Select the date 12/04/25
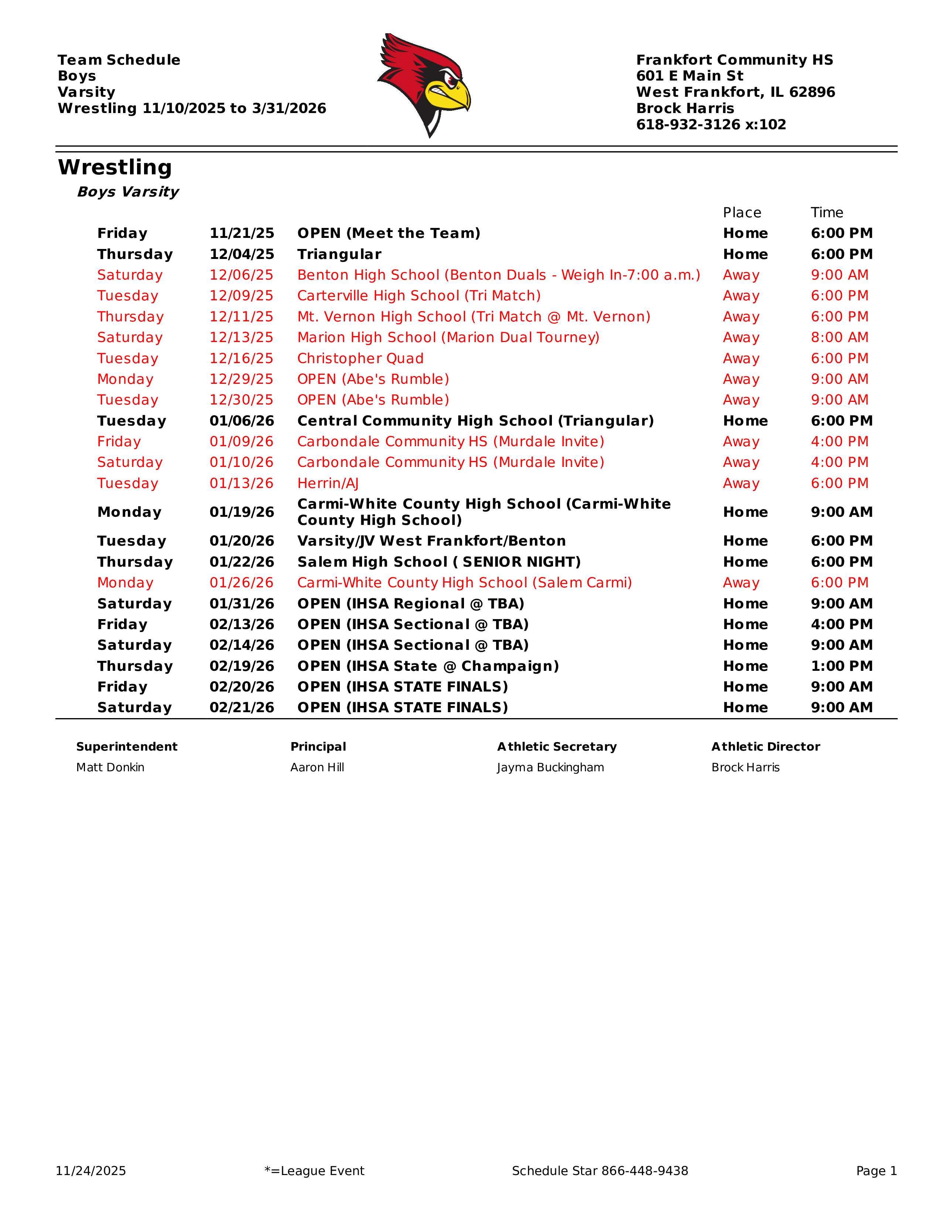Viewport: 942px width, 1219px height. [x=242, y=255]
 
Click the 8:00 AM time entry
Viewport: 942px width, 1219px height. [x=839, y=338]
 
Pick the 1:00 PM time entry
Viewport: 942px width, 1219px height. [x=842, y=666]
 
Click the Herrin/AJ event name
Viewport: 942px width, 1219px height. [x=328, y=484]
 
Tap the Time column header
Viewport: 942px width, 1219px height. [x=826, y=213]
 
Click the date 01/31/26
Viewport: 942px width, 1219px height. [x=242, y=604]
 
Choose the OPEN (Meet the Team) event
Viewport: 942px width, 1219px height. [x=388, y=233]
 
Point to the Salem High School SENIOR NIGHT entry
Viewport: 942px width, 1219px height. [x=438, y=562]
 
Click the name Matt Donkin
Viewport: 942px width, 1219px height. [x=110, y=768]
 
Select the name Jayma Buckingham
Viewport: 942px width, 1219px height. [x=550, y=768]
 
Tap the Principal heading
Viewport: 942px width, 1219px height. [x=318, y=747]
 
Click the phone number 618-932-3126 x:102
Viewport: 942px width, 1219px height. [x=711, y=124]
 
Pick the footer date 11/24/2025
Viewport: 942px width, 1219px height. [x=91, y=1171]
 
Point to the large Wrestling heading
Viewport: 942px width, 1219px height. [x=115, y=167]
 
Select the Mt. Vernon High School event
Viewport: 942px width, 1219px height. [x=473, y=317]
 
